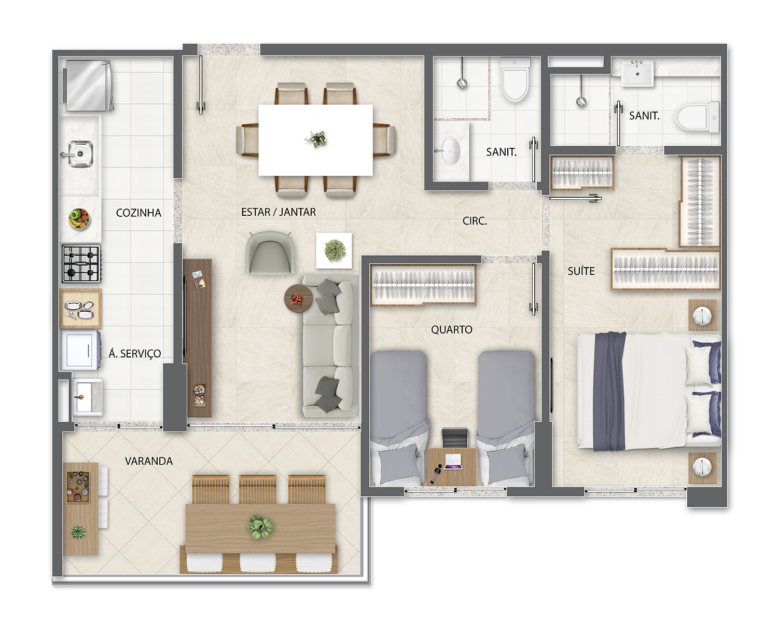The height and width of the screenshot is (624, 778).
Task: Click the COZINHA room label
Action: coord(138,213)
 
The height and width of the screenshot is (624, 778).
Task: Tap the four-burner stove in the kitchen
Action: coord(81,264)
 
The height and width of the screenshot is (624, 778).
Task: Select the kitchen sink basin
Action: coord(80,154)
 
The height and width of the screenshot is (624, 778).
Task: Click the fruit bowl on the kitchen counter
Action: coord(79,219)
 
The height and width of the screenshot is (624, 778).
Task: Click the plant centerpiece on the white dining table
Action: coord(316,139)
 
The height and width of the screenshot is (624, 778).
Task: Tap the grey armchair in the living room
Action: coord(269,252)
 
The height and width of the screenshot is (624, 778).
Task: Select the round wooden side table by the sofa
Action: coord(298,298)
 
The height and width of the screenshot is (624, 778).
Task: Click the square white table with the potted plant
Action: coord(334,251)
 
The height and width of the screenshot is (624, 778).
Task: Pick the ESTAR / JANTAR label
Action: coord(279,212)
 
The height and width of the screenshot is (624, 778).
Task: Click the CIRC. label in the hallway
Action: coord(475,221)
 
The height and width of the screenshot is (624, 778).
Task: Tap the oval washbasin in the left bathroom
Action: coord(450,151)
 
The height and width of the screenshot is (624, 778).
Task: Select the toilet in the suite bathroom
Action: coord(698,117)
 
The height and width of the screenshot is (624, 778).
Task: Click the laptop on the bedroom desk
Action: coord(453,462)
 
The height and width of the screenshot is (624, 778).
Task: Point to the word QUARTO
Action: coord(452,330)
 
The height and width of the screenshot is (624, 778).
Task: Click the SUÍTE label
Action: coord(581,271)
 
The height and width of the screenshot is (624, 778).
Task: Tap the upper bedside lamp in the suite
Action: coord(702,315)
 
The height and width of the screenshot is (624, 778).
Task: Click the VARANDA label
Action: coord(149,461)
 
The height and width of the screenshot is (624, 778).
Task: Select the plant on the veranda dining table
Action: coord(260,526)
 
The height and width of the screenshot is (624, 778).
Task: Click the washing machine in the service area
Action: coord(80,350)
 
